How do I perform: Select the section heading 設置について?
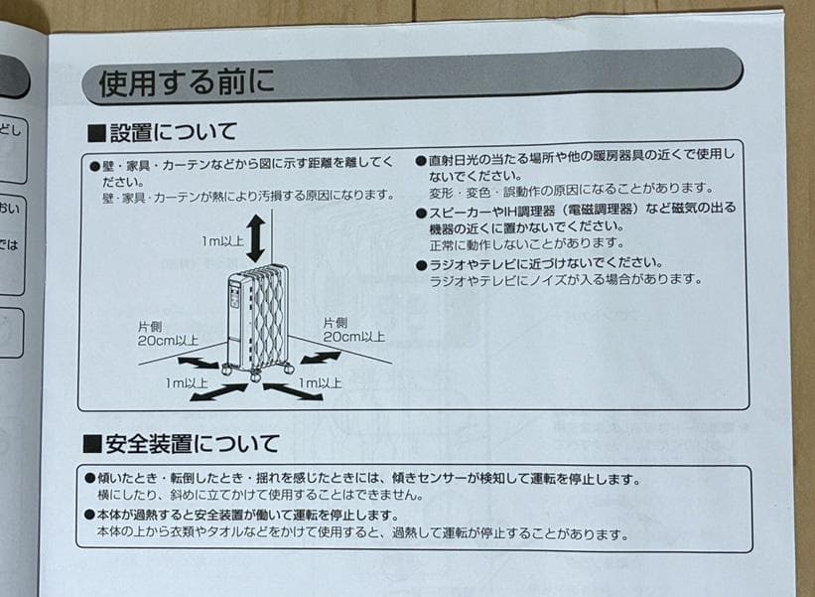point(173,131)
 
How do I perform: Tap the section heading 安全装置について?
point(194,443)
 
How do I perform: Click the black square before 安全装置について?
point(92,444)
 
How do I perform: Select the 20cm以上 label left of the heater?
point(168,339)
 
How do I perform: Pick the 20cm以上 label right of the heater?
point(354,337)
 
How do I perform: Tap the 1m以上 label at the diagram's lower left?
point(187,382)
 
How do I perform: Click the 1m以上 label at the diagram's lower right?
point(320,382)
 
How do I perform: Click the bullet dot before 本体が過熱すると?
point(89,516)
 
